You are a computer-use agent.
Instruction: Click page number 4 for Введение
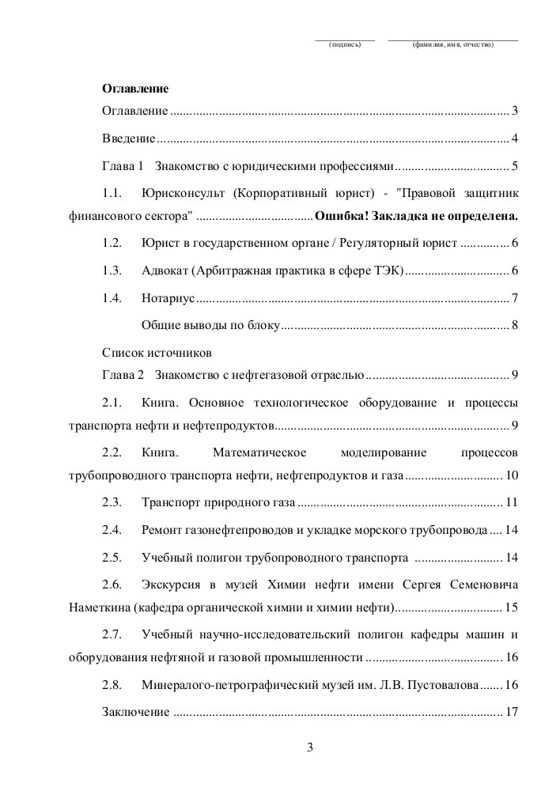514,139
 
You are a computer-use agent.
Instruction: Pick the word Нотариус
168,299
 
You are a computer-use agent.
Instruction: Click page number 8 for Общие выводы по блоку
514,324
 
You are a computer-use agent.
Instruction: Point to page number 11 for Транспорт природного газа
511,502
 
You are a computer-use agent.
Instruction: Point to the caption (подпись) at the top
345,45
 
